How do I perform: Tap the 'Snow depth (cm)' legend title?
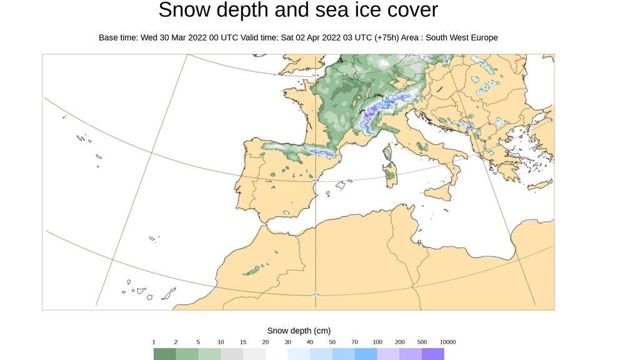[299, 331]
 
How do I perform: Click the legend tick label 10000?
[447, 342]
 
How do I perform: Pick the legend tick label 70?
[354, 342]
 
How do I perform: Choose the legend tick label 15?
[243, 342]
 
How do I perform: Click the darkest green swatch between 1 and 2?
[165, 354]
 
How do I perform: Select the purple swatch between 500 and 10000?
[433, 354]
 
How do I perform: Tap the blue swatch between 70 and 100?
[366, 354]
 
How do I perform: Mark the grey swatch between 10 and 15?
[232, 354]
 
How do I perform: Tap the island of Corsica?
[387, 152]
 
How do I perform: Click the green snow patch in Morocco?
[254, 271]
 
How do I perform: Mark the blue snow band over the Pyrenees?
[294, 149]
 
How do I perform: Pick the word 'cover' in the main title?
[408, 11]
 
